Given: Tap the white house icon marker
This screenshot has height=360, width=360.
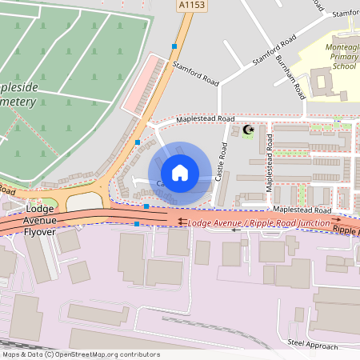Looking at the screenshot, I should coord(179,172).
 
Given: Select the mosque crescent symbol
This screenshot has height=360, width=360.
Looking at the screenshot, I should coord(247,130).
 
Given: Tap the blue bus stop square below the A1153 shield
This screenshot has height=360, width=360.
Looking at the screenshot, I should coord(174,46).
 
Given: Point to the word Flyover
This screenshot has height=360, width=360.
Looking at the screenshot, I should coord(37,232).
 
